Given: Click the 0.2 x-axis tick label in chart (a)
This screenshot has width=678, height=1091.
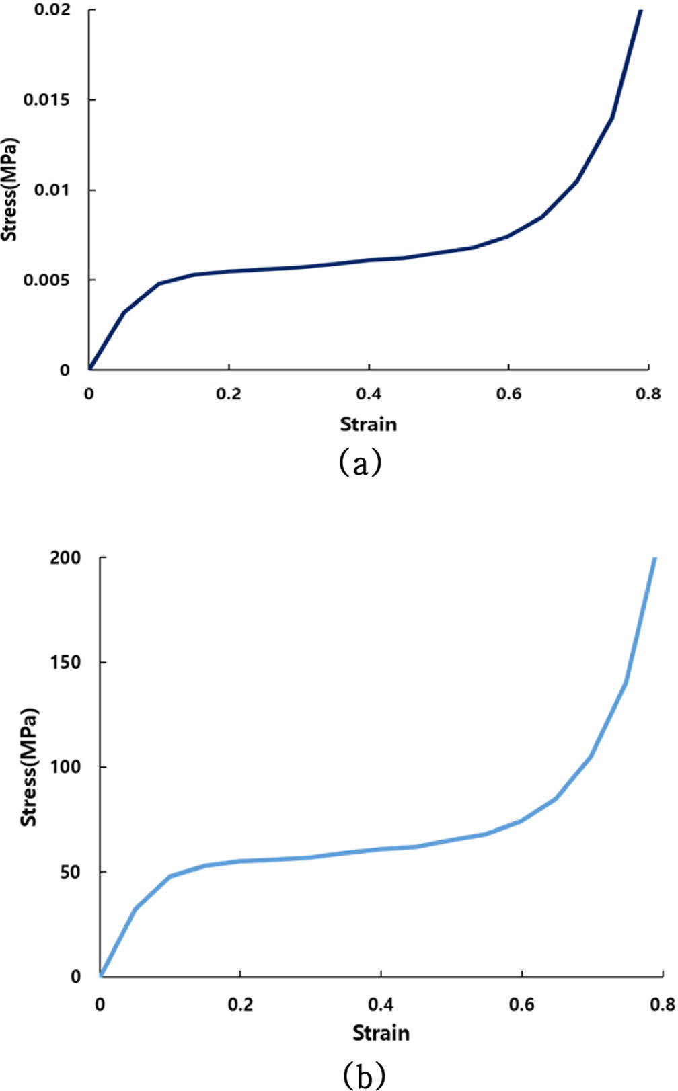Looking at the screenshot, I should (x=229, y=393).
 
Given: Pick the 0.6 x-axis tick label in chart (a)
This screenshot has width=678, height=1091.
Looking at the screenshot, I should (x=509, y=393).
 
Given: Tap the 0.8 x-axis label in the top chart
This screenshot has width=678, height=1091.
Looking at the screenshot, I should (x=648, y=393).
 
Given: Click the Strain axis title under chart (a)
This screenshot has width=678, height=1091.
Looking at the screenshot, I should (x=368, y=424).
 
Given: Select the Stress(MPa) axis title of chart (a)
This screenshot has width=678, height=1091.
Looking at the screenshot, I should (x=9, y=190).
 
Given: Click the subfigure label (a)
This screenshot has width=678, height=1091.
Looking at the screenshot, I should (x=360, y=462).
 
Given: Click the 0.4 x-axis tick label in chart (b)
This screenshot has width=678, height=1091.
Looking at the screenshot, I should (x=381, y=1004).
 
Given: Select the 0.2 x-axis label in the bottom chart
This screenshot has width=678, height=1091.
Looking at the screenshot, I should (x=240, y=1004).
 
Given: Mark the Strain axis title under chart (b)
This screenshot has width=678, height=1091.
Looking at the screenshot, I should (x=381, y=1033).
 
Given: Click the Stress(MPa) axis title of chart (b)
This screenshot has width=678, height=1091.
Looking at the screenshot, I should (x=29, y=767).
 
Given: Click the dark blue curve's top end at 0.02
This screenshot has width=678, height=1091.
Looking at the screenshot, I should (x=640, y=11).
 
